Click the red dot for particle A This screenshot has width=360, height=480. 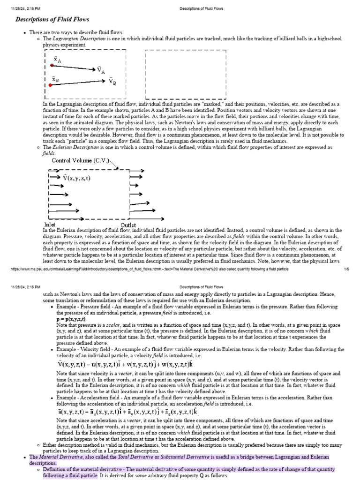click(x=52, y=65)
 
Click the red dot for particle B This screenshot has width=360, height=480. click(x=51, y=85)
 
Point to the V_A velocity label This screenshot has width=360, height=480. click(x=101, y=70)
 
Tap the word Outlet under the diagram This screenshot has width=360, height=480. click(x=128, y=225)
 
